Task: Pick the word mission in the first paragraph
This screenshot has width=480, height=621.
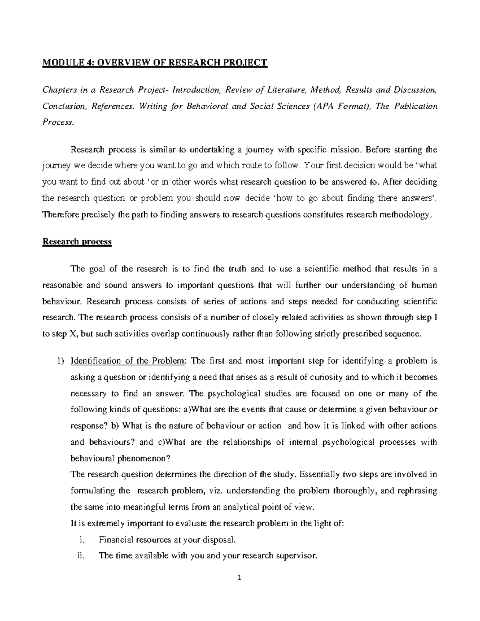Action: (x=347, y=150)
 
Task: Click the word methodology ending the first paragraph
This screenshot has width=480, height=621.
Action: (x=409, y=215)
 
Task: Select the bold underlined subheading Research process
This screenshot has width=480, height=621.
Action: (x=77, y=242)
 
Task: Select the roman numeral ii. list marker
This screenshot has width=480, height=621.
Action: (x=81, y=556)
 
